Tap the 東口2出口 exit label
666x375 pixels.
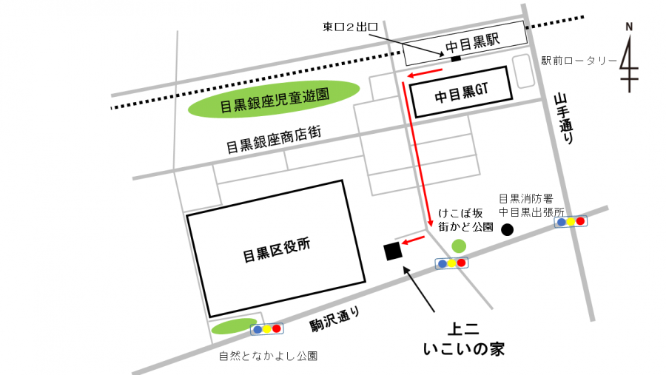[351, 27]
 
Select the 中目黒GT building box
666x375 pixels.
[461, 92]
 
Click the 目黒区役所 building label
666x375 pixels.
[277, 255]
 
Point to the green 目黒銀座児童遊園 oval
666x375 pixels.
[274, 100]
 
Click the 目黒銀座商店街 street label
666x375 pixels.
[274, 140]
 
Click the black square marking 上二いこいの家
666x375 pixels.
[392, 251]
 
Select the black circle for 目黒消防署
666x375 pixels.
[507, 230]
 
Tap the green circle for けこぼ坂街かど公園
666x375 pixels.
[459, 246]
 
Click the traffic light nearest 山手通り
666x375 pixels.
[571, 221]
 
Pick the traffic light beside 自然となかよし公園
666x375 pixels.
[266, 328]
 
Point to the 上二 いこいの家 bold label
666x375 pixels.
[463, 339]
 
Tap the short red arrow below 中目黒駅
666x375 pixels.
[424, 72]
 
